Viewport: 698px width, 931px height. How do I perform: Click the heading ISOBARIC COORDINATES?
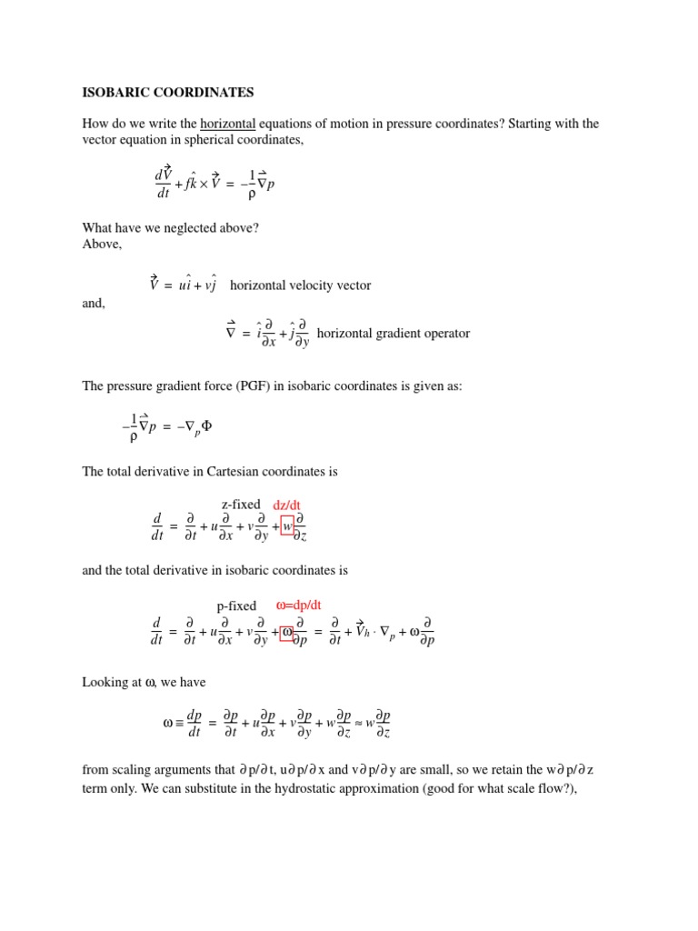[168, 93]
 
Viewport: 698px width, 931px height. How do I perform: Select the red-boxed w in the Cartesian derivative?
[287, 526]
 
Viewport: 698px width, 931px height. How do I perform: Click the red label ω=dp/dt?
[312, 605]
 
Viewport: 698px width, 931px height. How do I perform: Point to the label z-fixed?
[241, 505]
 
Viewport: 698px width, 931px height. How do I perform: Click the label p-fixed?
[236, 606]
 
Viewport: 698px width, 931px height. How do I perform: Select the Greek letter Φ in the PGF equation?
[206, 424]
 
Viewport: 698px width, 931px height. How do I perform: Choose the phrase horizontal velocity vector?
[301, 285]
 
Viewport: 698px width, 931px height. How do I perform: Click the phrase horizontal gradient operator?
[394, 334]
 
